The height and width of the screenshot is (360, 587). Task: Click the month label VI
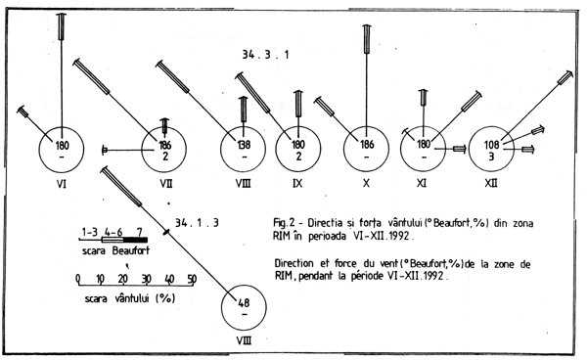(61, 182)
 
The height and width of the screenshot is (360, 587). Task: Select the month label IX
(293, 182)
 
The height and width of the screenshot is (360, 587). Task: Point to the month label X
(364, 182)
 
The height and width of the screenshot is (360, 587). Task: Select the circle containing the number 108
(492, 149)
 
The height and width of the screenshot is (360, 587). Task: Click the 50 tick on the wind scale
(192, 278)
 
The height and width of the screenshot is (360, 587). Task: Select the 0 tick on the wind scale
(78, 278)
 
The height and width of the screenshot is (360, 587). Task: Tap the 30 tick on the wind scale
(147, 278)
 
